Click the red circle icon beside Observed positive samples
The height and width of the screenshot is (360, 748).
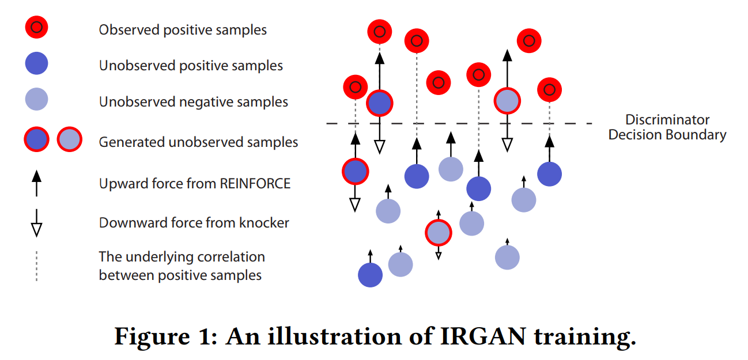[x=36, y=26]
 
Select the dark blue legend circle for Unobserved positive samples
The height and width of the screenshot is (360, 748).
[x=36, y=63]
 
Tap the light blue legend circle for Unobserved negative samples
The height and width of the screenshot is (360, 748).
[x=36, y=100]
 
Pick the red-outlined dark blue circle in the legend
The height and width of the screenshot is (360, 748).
[x=36, y=140]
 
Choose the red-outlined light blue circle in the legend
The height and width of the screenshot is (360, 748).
[x=70, y=140]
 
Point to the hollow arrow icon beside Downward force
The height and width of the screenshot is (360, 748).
[x=36, y=222]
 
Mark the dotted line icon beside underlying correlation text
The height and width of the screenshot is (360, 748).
[x=36, y=266]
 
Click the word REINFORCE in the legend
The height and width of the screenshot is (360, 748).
[x=255, y=184]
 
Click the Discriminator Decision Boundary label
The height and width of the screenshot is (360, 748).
[x=667, y=127]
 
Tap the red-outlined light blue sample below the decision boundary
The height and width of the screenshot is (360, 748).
[x=438, y=233]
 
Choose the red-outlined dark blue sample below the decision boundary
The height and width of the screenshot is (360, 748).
[x=356, y=171]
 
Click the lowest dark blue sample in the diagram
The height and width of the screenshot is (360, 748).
[x=370, y=275]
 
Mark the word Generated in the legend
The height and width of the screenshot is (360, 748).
[x=128, y=142]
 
